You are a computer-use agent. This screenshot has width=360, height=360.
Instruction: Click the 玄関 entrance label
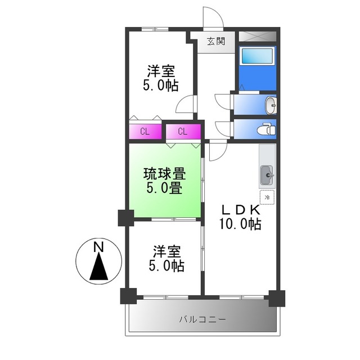(215, 40)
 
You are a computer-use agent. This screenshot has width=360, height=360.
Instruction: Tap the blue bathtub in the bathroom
(256, 58)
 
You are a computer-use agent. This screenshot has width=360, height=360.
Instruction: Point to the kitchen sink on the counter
(267, 176)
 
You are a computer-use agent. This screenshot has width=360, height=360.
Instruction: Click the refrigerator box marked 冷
(267, 197)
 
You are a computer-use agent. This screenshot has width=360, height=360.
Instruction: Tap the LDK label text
(240, 209)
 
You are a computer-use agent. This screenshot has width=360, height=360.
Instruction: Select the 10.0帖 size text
(240, 224)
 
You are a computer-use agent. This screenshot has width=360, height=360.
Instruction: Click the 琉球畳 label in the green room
(164, 173)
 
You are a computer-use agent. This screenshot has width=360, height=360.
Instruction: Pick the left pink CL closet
(145, 132)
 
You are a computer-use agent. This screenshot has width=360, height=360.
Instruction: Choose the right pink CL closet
(183, 132)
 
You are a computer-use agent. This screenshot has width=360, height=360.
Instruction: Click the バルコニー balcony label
(202, 319)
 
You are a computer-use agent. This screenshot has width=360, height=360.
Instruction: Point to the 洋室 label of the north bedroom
(161, 71)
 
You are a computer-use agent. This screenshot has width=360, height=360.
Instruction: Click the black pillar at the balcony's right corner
(276, 298)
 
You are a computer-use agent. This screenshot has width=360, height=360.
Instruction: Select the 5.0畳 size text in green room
(164, 188)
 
